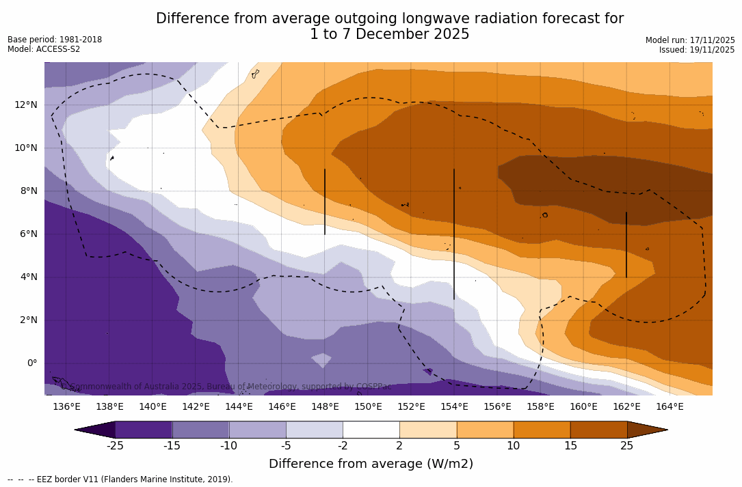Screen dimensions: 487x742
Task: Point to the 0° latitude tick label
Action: [x=31, y=363]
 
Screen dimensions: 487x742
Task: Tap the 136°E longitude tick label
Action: [x=66, y=407]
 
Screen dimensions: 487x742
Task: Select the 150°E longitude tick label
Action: [x=368, y=407]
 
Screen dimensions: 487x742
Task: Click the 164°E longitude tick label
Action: [x=670, y=407]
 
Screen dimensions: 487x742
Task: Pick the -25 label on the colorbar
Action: [x=115, y=446]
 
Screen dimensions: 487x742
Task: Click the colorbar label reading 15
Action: [x=570, y=446]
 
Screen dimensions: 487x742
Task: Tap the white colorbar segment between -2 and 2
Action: [x=371, y=430]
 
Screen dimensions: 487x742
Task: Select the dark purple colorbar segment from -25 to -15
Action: [x=144, y=430]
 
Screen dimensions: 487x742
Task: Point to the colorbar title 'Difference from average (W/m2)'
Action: [x=371, y=464]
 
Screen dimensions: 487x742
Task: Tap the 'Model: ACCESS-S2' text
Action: [x=44, y=49]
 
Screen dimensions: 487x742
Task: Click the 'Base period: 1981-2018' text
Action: [x=55, y=40]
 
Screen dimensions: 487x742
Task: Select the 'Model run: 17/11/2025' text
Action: [x=690, y=40]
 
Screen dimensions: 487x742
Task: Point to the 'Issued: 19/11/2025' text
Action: [x=697, y=50]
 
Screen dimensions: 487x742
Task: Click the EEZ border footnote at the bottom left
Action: [x=120, y=479]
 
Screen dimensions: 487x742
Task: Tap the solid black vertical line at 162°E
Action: [x=626, y=245]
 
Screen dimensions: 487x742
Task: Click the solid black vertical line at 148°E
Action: [x=325, y=201]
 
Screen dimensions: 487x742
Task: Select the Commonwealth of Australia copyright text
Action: [x=227, y=387]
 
